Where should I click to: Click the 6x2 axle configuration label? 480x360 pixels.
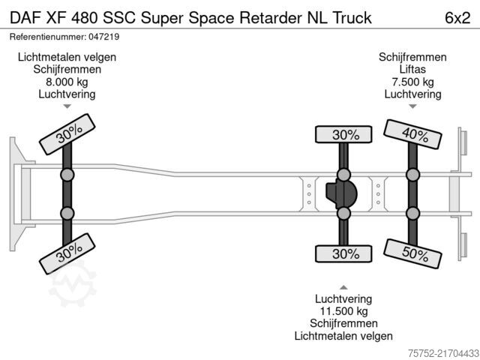457,18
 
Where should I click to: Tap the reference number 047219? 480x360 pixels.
103,37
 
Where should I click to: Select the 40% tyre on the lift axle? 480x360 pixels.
412,134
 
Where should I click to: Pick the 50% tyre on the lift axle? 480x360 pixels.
412,253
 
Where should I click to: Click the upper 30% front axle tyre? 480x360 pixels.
67,134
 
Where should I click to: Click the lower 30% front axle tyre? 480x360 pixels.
67,253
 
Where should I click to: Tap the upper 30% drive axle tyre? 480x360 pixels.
343,134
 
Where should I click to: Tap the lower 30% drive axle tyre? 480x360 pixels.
343,253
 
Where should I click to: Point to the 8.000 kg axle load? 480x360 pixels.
67,82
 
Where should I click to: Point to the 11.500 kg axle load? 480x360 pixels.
343,311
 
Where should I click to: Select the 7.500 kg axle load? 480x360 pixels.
412,82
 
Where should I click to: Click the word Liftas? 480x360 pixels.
412,69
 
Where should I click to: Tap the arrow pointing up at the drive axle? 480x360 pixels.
343,287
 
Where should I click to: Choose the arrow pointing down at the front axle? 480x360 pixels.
67,106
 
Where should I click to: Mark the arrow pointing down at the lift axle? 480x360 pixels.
412,106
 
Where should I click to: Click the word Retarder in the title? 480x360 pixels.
270,18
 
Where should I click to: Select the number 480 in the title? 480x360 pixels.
85,18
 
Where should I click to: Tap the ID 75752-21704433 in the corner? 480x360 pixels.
443,353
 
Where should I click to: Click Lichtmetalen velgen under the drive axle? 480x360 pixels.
343,336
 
